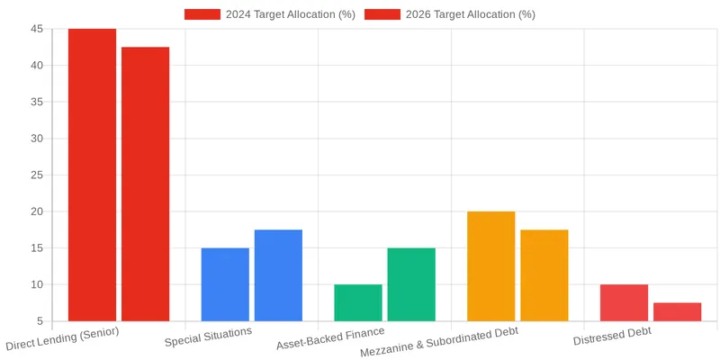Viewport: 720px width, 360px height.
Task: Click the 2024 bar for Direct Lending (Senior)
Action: tap(92, 175)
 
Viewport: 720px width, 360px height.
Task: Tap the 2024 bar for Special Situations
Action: tap(225, 284)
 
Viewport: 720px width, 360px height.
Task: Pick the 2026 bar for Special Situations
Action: tap(278, 275)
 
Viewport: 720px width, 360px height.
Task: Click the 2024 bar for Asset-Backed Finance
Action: tap(358, 302)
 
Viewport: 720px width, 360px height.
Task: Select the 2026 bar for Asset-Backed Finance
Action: tap(411, 284)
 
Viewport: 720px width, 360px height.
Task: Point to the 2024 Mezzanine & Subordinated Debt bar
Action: tap(491, 266)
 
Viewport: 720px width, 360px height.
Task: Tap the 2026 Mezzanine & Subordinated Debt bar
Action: tap(544, 275)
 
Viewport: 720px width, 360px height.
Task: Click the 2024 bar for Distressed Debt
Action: tap(624, 302)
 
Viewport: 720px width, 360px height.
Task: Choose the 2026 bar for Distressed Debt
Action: tap(677, 311)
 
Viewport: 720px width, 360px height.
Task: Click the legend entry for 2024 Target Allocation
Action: tap(270, 14)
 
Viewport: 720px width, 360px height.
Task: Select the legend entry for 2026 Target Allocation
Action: tap(450, 14)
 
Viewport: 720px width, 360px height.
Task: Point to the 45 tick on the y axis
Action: tap(36, 29)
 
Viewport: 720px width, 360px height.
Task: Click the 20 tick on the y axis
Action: tap(36, 211)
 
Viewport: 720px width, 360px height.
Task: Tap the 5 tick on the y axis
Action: tap(40, 321)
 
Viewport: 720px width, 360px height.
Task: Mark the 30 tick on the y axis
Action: tap(36, 139)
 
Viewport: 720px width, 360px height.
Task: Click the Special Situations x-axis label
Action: tap(209, 337)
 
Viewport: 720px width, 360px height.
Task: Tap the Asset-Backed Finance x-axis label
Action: tap(330, 338)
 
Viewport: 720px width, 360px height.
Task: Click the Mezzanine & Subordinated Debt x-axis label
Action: tap(439, 342)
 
